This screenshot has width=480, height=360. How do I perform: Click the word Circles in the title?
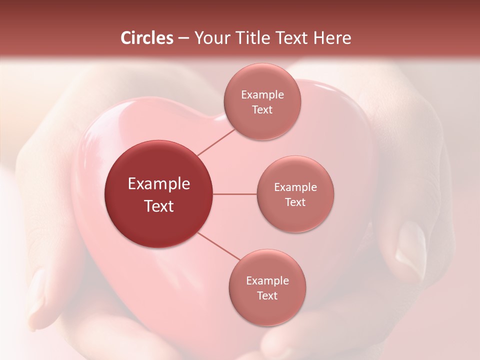(146, 38)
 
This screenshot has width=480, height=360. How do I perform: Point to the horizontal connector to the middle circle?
(235, 194)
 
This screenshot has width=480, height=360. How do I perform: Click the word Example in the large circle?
(159, 184)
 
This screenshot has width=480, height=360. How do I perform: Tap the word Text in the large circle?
(159, 206)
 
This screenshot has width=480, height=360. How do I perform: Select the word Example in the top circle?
(262, 95)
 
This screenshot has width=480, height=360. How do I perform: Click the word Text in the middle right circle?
(295, 202)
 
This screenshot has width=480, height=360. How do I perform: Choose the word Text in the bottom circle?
(267, 295)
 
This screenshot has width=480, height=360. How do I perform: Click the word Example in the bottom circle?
(267, 280)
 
